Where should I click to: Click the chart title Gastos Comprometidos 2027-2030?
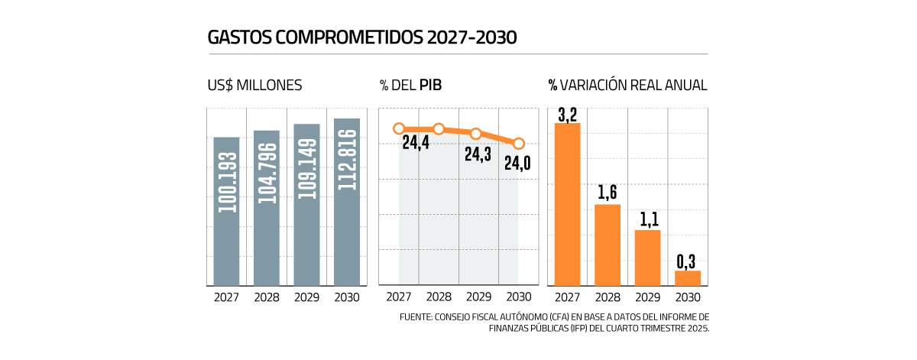[362, 37]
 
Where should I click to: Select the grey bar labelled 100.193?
[227, 212]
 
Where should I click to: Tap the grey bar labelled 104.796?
[267, 208]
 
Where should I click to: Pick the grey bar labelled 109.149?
[306, 205]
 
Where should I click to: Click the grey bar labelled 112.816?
[346, 202]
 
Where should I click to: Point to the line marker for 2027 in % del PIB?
[399, 129]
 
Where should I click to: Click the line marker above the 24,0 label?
[519, 143]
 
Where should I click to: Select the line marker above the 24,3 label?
[475, 134]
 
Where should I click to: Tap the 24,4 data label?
[415, 143]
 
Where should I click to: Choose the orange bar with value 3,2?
[568, 204]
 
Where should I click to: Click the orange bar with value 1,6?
[608, 245]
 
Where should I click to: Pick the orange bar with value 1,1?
[647, 258]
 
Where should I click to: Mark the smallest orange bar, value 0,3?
[688, 278]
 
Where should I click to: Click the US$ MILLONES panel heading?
[254, 85]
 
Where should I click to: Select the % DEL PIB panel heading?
[411, 85]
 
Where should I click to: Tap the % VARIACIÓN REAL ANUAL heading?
[627, 85]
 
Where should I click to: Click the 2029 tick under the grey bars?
[307, 297]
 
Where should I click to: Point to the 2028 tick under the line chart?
[439, 297]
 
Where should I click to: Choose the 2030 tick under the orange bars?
[688, 297]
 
